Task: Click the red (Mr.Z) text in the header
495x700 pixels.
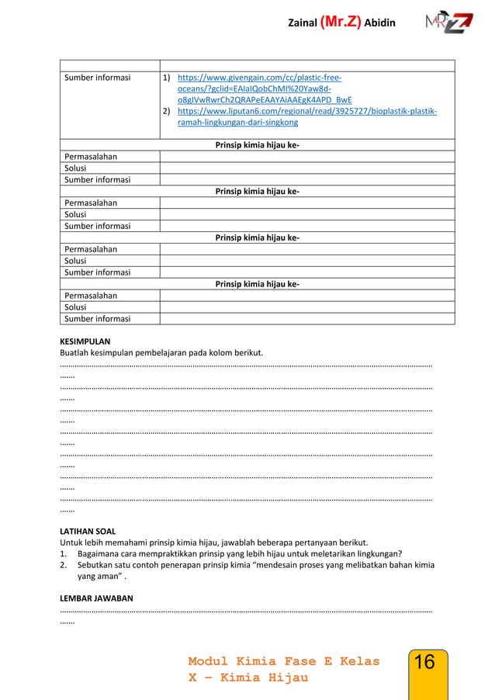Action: (341, 23)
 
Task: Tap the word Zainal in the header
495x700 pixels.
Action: (303, 23)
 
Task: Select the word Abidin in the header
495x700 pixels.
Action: (380, 23)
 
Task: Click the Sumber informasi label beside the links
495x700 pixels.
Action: (98, 78)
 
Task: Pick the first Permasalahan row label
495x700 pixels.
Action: (91, 156)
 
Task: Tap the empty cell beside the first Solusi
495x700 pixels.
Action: (306, 168)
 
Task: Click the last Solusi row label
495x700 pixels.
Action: (76, 307)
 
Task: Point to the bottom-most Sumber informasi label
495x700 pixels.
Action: (98, 318)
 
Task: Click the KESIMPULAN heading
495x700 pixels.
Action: (85, 341)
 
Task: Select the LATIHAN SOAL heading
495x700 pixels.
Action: (88, 531)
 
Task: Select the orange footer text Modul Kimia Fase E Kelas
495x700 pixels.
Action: (284, 661)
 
